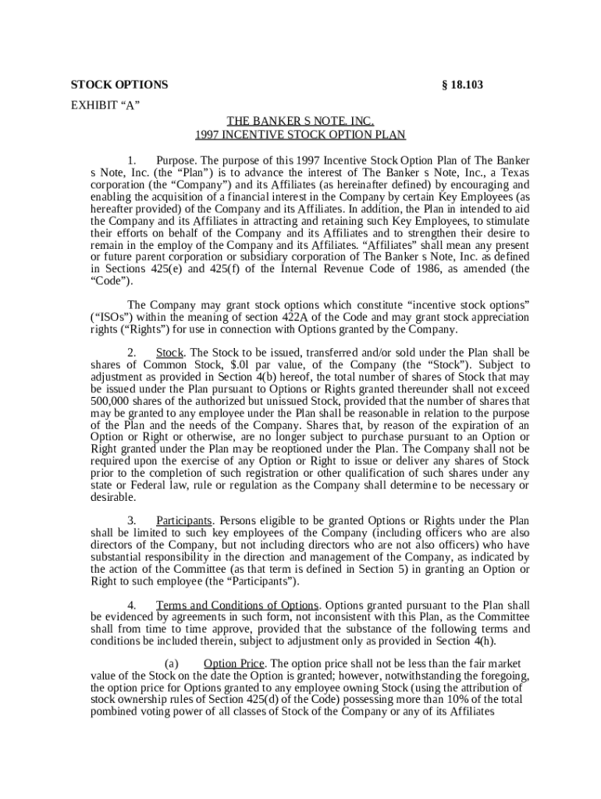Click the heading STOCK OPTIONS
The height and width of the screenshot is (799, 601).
(x=119, y=85)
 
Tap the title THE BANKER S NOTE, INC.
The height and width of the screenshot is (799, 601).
(x=300, y=121)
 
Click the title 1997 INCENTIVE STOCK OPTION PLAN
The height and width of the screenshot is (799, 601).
(x=300, y=134)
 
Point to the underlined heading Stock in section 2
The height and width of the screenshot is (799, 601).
(x=170, y=353)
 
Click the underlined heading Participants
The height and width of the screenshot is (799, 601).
(x=184, y=520)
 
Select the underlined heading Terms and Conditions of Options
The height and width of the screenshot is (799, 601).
(x=237, y=605)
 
